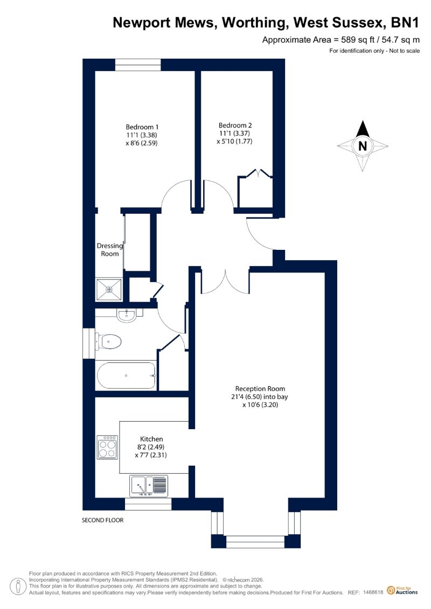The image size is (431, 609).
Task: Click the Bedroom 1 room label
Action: (x=142, y=127)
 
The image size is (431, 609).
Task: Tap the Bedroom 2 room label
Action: (x=235, y=125)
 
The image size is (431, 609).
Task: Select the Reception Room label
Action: (x=260, y=388)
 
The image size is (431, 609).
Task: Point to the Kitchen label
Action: (x=151, y=439)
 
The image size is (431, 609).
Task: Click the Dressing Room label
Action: (x=109, y=250)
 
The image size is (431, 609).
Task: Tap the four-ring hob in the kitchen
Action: (x=107, y=447)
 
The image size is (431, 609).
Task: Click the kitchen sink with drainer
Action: (x=149, y=486)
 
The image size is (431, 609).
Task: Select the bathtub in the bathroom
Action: (x=126, y=375)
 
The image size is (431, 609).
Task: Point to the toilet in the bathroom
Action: (x=109, y=342)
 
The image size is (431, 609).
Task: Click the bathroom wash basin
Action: (x=126, y=316)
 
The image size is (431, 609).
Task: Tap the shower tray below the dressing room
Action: (x=108, y=289)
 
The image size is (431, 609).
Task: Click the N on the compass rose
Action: (x=363, y=146)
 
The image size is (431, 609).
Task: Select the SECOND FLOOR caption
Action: (x=102, y=520)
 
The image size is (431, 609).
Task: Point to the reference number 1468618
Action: (x=373, y=592)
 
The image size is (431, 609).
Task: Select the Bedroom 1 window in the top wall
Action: (x=138, y=65)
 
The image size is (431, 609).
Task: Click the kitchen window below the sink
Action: (x=148, y=504)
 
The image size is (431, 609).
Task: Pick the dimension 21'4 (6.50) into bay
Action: (x=259, y=396)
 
